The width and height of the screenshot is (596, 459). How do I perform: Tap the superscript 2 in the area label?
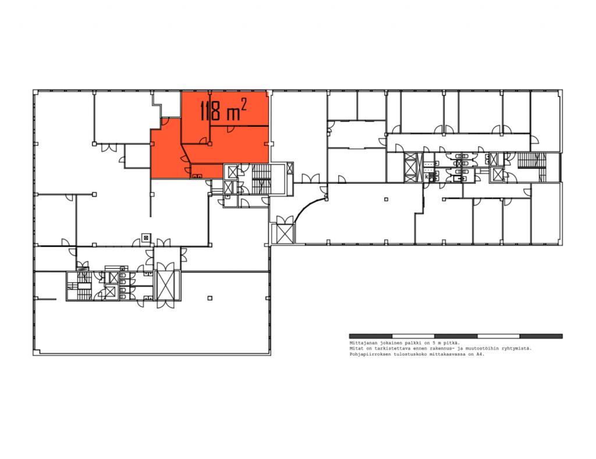coord(244,104)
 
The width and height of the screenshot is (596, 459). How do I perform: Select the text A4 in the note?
coord(481,354)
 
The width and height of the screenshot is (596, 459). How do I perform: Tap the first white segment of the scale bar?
coord(413,336)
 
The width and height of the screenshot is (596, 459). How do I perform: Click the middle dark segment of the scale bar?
coord(456,336)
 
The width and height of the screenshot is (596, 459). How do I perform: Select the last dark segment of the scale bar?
coord(541,336)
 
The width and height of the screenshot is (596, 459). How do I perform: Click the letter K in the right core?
coord(427,176)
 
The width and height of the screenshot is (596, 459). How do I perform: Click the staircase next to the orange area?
coord(262,179)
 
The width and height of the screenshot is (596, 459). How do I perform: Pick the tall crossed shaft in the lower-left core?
coord(167,286)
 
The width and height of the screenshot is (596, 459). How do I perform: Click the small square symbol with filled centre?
coord(146,238)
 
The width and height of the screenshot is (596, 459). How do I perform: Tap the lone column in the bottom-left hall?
coord(210,298)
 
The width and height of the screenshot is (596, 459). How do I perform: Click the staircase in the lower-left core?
coord(79,286)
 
